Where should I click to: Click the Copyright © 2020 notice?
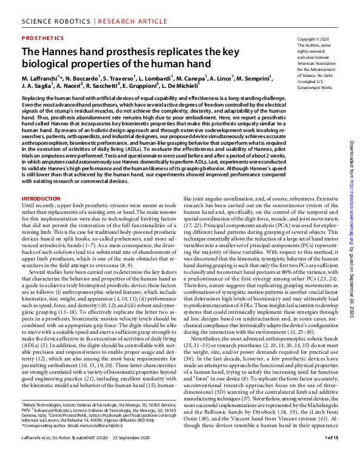tap(313, 38)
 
